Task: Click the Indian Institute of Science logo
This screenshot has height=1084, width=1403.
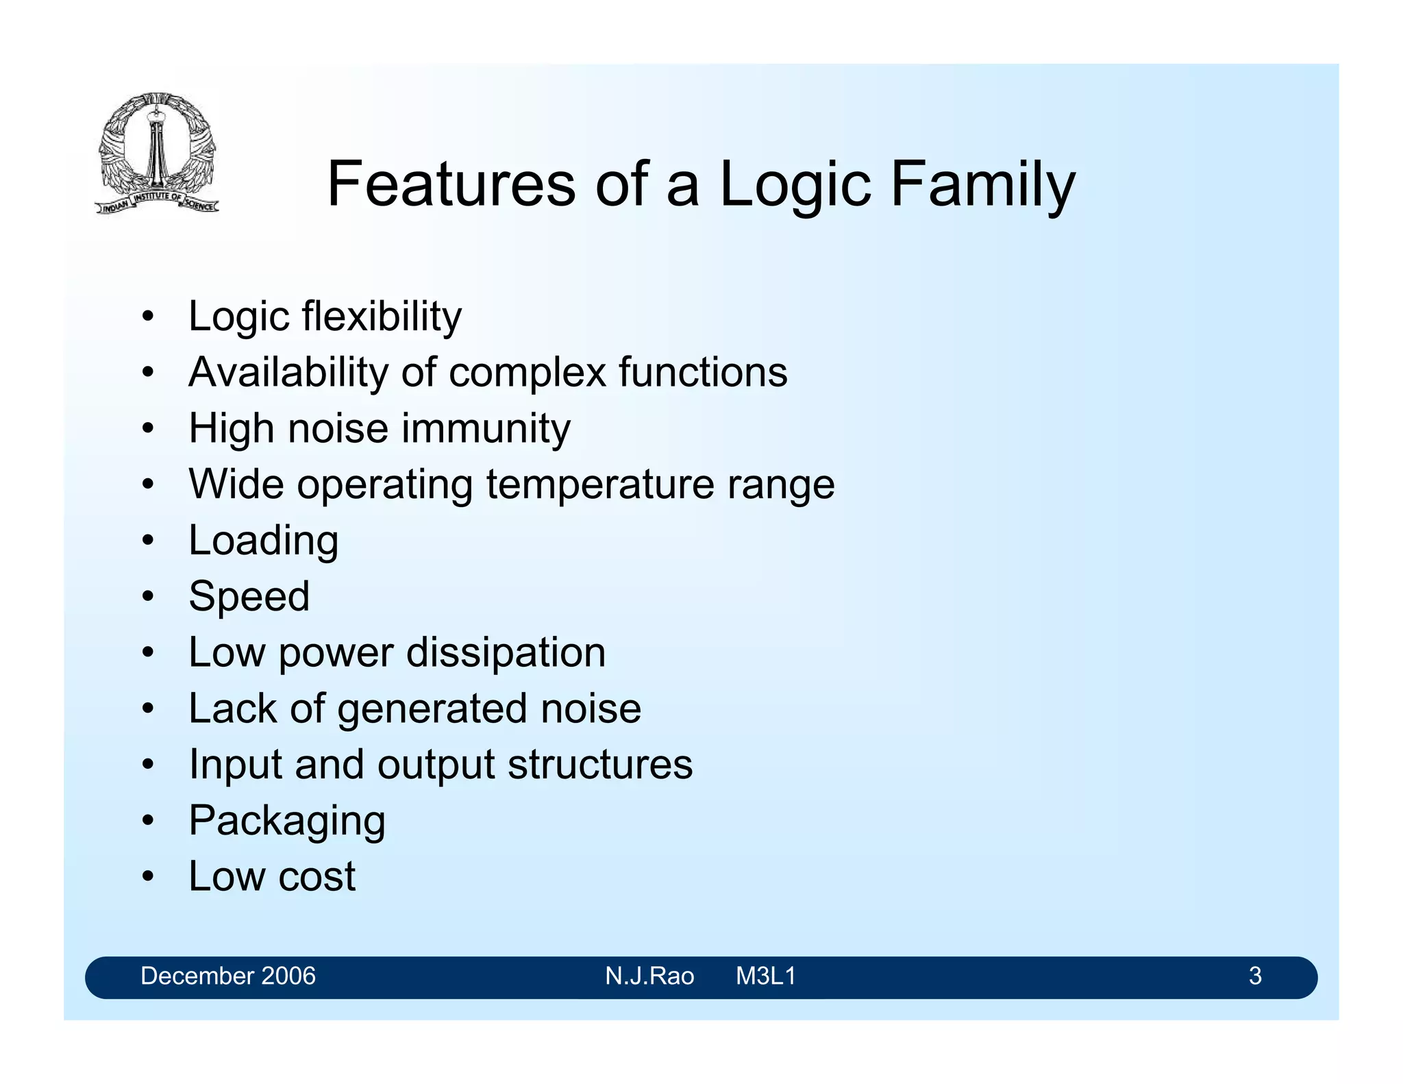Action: [157, 153]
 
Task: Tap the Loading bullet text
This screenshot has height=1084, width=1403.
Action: [263, 541]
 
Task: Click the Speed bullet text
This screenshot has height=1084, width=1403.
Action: [249, 596]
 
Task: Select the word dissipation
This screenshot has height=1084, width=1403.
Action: [506, 652]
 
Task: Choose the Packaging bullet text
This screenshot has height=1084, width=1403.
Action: [287, 820]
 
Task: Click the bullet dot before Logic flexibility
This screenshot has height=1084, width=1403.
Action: [147, 317]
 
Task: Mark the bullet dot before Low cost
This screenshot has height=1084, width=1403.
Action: [147, 877]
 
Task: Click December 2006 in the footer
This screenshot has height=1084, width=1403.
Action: [227, 976]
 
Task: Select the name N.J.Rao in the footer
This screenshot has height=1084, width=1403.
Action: [649, 976]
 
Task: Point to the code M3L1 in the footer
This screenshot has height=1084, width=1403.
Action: [765, 976]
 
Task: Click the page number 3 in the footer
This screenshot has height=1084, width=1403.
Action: [1254, 976]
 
